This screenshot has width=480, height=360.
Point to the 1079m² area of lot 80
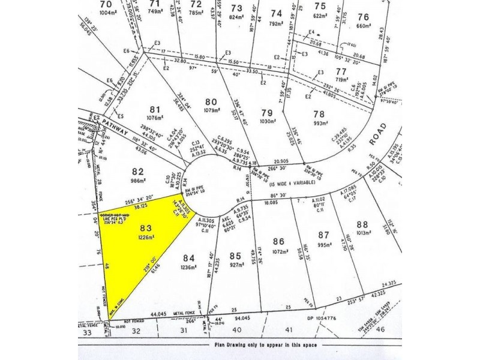(x=211, y=110)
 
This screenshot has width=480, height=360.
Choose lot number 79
(x=266, y=112)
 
